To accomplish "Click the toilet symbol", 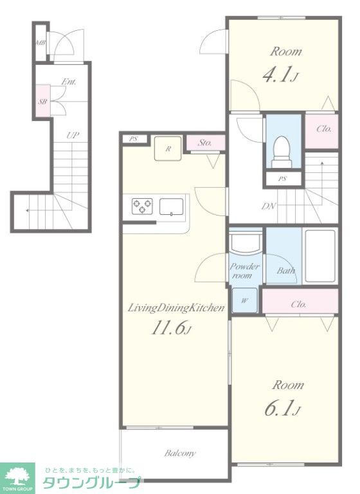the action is (282, 152).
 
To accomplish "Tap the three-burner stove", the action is (142, 206).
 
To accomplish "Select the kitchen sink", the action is (172, 206).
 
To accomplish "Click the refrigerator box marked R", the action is (168, 149).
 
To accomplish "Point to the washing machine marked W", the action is (245, 300).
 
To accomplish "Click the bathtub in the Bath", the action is (320, 256).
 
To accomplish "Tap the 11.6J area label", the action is (172, 329).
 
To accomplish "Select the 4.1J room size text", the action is (280, 75).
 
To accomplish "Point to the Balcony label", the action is (180, 453).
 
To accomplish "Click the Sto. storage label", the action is (204, 143).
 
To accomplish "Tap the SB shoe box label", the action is (42, 102).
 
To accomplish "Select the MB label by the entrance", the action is (40, 42).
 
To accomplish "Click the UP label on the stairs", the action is (73, 136).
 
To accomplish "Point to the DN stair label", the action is (269, 206).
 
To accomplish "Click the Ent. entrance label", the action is (69, 82).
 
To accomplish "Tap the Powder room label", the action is (244, 271).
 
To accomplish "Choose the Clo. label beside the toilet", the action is (324, 129).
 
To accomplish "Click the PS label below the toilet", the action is (282, 179).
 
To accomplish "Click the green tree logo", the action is (17, 476).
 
